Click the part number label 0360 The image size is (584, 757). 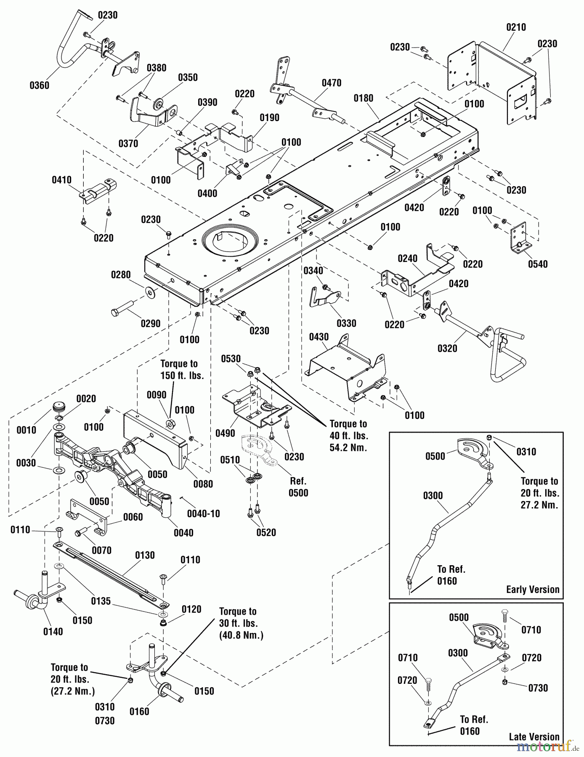pyautogui.click(x=39, y=85)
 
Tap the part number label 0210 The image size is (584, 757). pyautogui.click(x=516, y=27)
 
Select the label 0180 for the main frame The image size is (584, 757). pyautogui.click(x=363, y=98)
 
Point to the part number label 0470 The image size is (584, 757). pyautogui.click(x=331, y=83)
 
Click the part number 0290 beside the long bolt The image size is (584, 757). pyautogui.click(x=150, y=323)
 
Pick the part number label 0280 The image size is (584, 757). pyautogui.click(x=121, y=275)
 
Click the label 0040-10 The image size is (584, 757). pyautogui.click(x=203, y=514)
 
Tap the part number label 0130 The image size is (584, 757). pyautogui.click(x=145, y=555)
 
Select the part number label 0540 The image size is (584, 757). pyautogui.click(x=538, y=264)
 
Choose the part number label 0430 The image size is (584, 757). pyautogui.click(x=319, y=337)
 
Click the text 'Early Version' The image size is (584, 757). pyautogui.click(x=533, y=589)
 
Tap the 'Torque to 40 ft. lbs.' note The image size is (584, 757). pyautogui.click(x=348, y=436)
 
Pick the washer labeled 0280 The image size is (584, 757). pyautogui.click(x=149, y=291)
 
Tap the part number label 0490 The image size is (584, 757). pyautogui.click(x=225, y=433)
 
